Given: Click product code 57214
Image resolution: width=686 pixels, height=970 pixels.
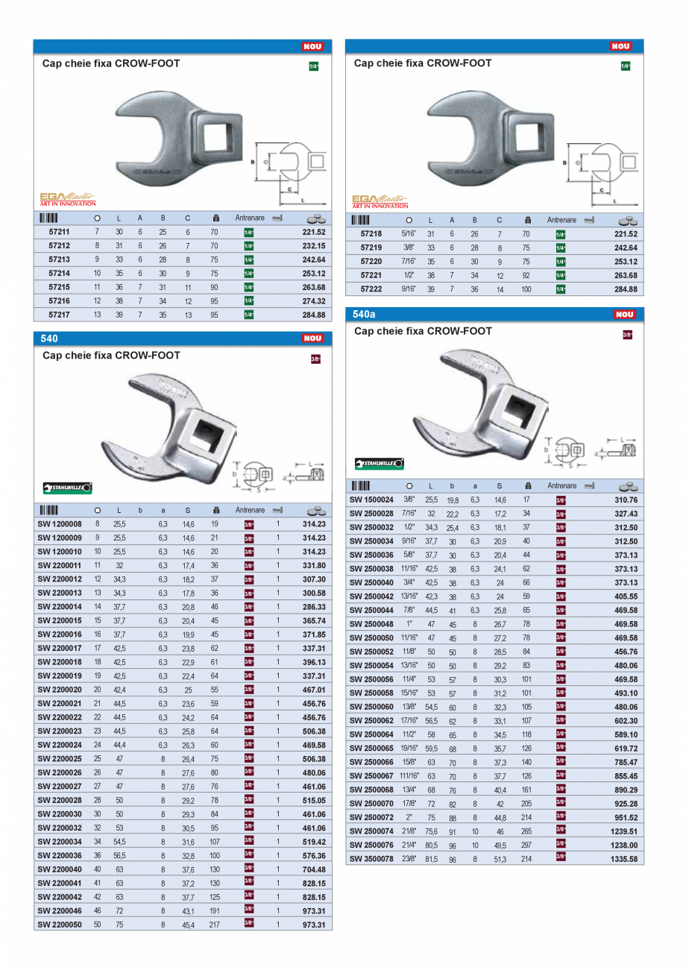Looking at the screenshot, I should (x=60, y=274).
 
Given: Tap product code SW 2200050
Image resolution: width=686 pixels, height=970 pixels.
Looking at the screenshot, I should (x=60, y=925).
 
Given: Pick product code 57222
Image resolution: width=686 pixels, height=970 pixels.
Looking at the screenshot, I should (x=371, y=289).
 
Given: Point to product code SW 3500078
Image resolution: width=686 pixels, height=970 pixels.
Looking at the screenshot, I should (x=371, y=859).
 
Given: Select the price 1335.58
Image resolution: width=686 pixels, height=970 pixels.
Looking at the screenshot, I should (x=625, y=859).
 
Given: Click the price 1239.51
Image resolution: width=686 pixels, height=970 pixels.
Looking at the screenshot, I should (x=625, y=831).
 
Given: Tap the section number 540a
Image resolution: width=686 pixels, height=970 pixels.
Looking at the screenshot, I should (x=365, y=315).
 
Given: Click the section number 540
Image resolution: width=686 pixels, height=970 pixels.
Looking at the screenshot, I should (x=49, y=338).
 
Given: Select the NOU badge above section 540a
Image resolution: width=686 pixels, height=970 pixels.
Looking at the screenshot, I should (x=624, y=315).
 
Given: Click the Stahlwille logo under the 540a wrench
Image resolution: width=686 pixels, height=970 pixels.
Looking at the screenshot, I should (x=380, y=464).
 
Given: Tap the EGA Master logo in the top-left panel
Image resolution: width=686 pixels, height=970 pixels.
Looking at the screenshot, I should (x=67, y=199).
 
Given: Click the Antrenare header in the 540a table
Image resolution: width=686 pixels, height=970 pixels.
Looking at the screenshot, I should (x=561, y=485).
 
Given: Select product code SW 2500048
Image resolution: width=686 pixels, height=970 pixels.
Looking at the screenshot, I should (x=371, y=625).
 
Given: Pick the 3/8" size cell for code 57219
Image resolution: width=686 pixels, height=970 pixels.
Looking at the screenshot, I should (x=408, y=248).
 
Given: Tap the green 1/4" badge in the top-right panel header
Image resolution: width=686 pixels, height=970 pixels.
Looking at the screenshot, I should (x=625, y=66).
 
